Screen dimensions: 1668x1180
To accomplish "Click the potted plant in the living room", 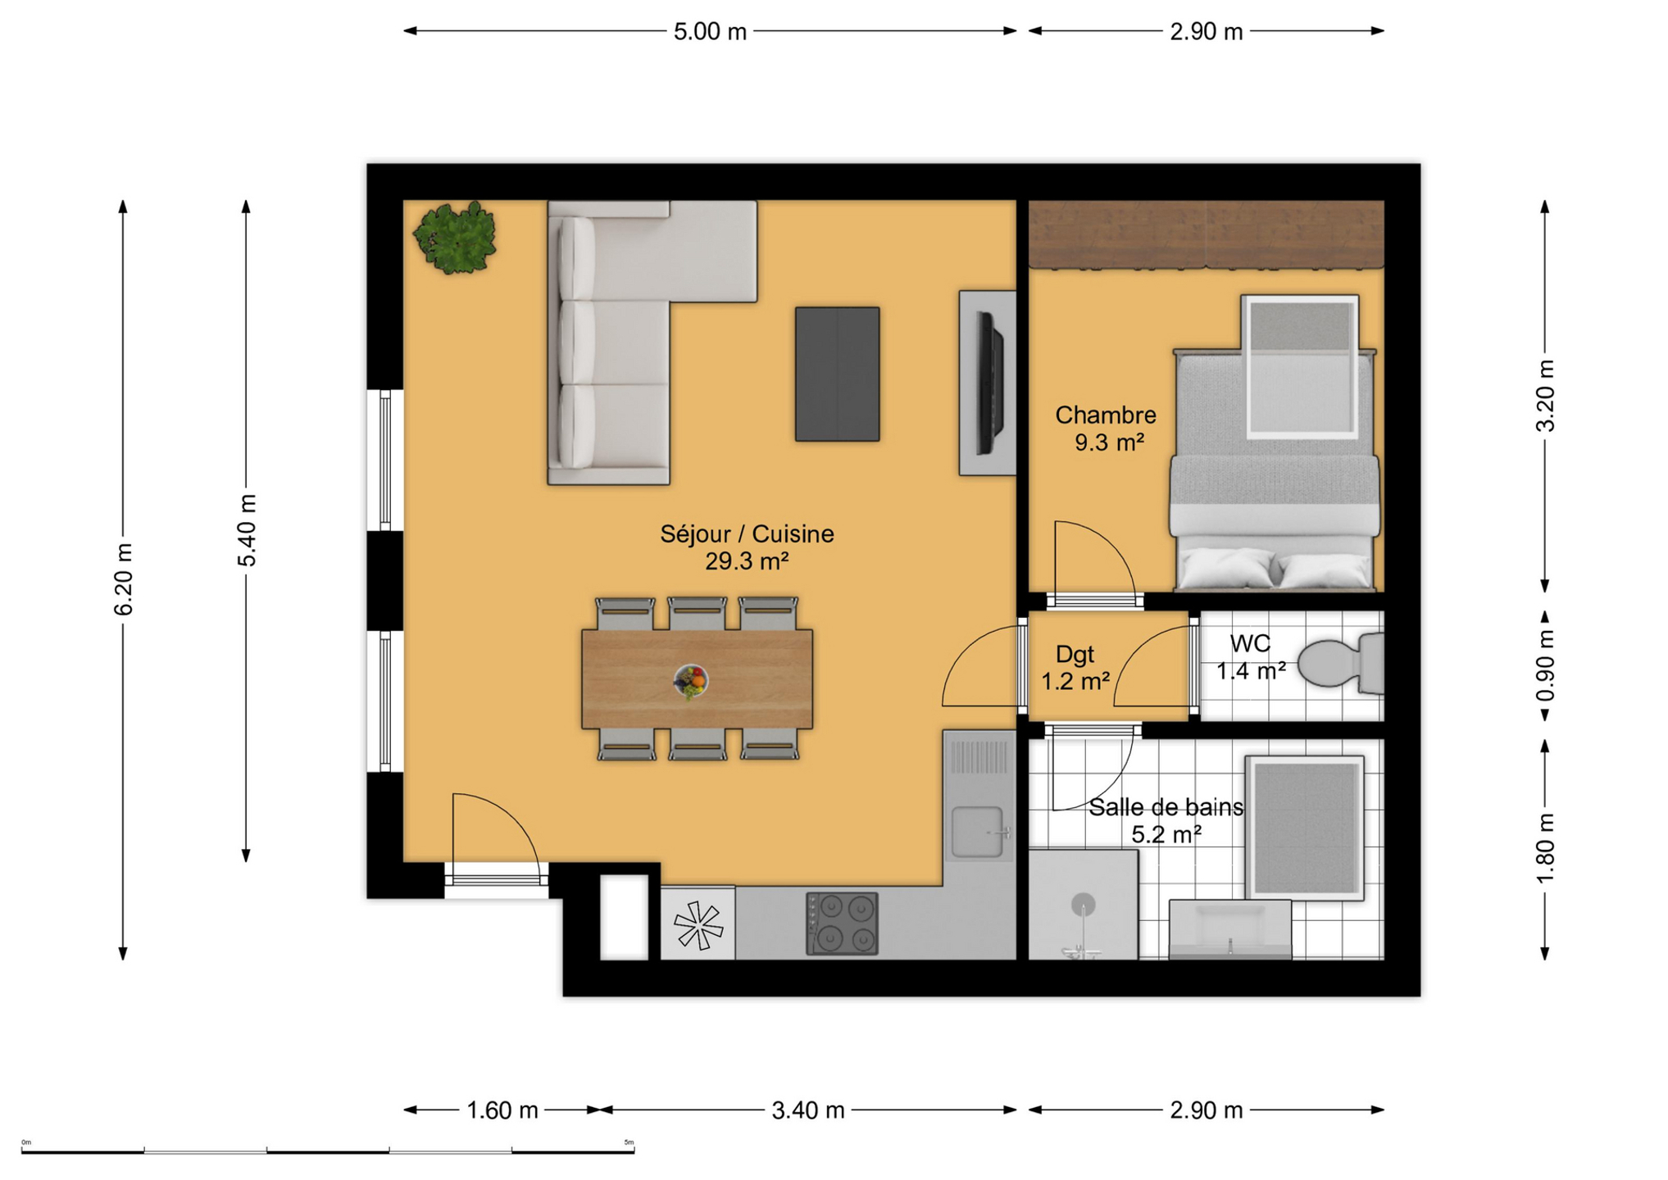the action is tap(455, 238).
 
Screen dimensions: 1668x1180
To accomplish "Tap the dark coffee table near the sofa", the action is tap(837, 374).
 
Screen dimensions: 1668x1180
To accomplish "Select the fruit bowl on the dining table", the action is tap(691, 681).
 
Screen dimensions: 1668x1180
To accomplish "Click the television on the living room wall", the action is tap(989, 383).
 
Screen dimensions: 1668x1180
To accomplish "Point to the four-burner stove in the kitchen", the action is tap(842, 924).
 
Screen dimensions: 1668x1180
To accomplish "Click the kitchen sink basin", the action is tap(977, 832).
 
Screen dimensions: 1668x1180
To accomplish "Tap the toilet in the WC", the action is tap(1341, 663).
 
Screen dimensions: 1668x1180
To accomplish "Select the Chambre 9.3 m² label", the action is tap(1106, 429).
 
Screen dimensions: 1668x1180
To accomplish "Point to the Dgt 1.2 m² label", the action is tap(1075, 667).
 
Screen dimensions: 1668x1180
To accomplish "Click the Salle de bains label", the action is tap(1166, 807).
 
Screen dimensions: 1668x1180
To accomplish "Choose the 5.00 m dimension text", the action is tap(710, 32).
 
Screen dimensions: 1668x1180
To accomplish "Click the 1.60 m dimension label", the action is tap(502, 1110).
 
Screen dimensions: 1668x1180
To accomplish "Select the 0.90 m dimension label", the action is tap(1545, 665).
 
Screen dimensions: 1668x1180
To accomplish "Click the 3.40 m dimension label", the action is tap(807, 1110).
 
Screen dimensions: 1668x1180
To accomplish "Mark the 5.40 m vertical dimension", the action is tap(247, 530).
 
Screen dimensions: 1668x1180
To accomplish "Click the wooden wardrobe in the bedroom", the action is tap(1206, 234).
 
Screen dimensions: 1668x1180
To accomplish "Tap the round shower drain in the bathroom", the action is tap(1083, 905).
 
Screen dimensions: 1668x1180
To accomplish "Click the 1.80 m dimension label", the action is tap(1545, 849).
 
